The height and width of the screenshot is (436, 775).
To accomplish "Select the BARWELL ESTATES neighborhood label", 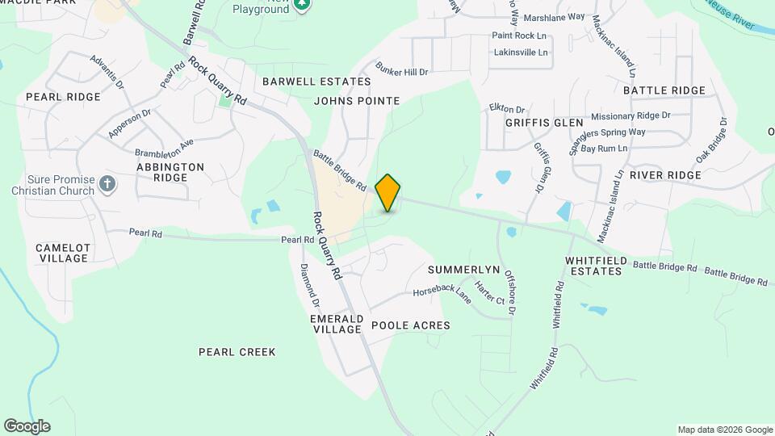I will tap(316, 82).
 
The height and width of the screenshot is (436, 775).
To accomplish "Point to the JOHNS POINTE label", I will tap(357, 101).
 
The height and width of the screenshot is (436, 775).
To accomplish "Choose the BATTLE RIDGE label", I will tap(664, 90).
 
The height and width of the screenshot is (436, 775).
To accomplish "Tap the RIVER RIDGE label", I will tap(665, 175).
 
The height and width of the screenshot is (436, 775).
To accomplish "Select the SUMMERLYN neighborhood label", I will tap(464, 269).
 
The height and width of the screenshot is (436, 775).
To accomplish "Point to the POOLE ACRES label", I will tap(410, 325).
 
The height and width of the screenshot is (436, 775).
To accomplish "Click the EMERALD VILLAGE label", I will tap(336, 324).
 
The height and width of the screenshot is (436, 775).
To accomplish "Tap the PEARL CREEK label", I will tap(237, 352).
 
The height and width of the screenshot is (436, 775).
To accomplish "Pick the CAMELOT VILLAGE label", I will tap(61, 253).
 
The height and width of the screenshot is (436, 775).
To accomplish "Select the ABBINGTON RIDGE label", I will tap(170, 172).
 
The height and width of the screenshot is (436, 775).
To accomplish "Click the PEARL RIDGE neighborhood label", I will tap(63, 97).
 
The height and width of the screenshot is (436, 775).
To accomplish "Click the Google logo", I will tap(27, 426).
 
